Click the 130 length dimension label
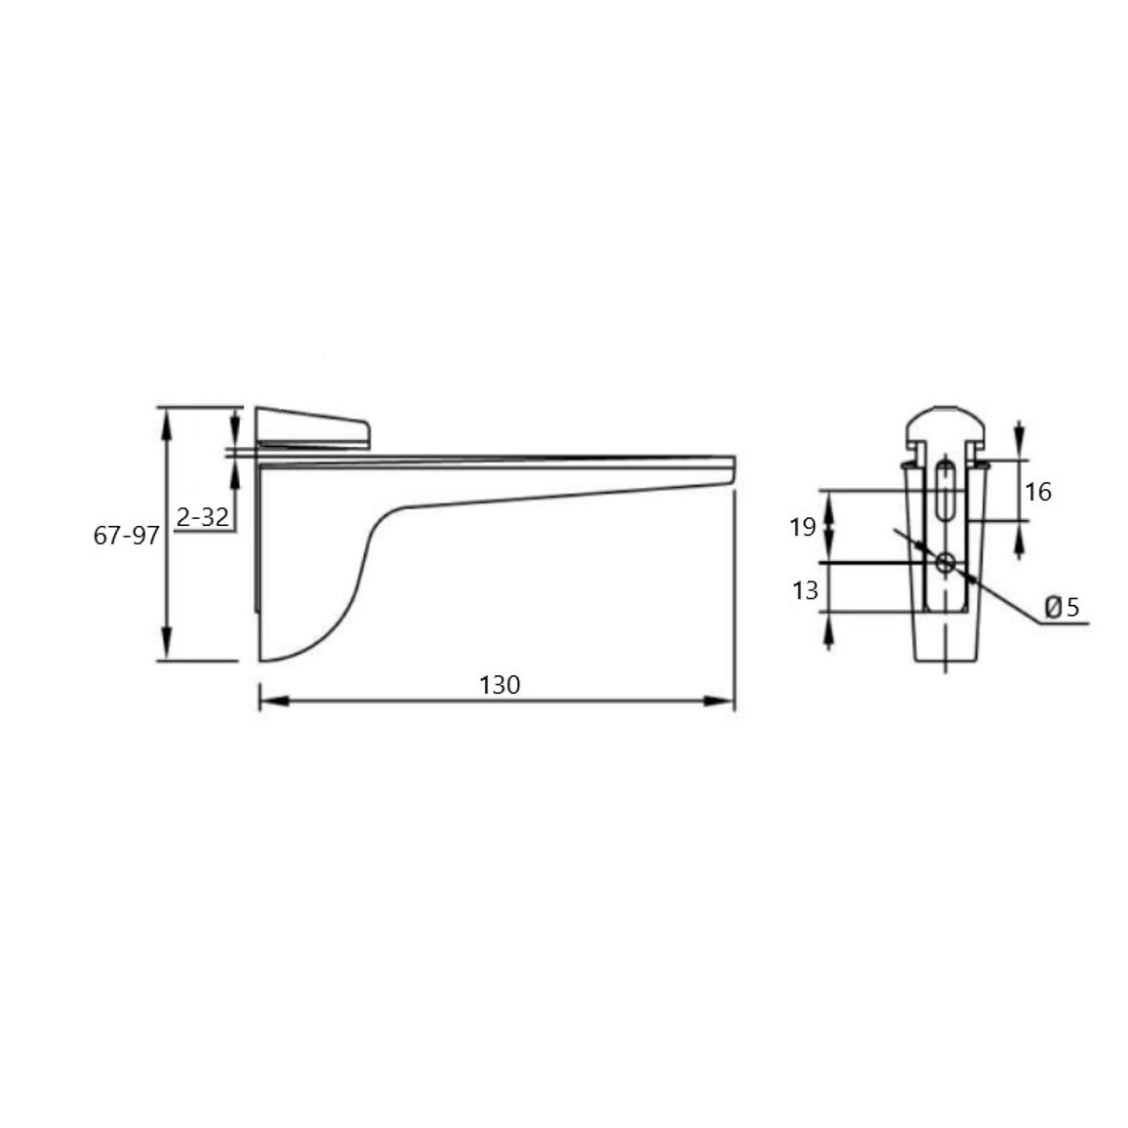pos(500,685)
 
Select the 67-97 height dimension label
pos(127,536)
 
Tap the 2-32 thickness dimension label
pos(203,516)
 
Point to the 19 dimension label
pos(803,527)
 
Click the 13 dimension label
pos(806,590)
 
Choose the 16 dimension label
pos(1038,492)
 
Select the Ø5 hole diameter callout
pos(1063,608)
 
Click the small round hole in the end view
pos(946,563)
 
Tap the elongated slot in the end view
pos(946,490)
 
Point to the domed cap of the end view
pos(946,425)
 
